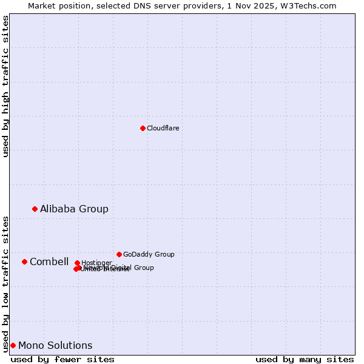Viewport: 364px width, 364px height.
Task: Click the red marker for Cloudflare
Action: pyautogui.click(x=143, y=128)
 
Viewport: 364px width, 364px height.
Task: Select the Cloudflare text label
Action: pyautogui.click(x=163, y=128)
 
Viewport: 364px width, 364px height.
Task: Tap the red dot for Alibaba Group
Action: pyautogui.click(x=35, y=209)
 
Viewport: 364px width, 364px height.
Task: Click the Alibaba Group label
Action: pyautogui.click(x=74, y=209)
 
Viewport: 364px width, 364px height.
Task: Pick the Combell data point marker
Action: pyautogui.click(x=24, y=261)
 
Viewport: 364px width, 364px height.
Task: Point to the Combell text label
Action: pyautogui.click(x=49, y=261)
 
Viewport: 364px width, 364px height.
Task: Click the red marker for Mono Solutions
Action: pyautogui.click(x=13, y=345)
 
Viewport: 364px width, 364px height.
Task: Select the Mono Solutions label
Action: pyautogui.click(x=55, y=345)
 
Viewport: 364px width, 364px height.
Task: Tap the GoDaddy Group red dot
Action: pyautogui.click(x=119, y=254)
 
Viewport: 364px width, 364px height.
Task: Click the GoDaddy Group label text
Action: pyautogui.click(x=149, y=254)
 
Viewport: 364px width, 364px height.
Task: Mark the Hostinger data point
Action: pyautogui.click(x=77, y=263)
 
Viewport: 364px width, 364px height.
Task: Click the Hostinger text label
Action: pyautogui.click(x=96, y=263)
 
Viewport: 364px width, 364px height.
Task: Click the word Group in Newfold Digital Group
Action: pyautogui.click(x=144, y=268)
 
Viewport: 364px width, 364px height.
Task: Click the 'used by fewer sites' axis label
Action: pyautogui.click(x=62, y=359)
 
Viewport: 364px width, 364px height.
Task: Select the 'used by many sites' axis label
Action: pyautogui.click(x=305, y=359)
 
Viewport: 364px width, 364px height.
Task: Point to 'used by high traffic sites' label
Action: pyautogui.click(x=5, y=86)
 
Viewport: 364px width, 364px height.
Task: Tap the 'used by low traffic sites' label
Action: pyautogui.click(x=5, y=283)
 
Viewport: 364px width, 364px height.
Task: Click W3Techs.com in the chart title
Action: pyautogui.click(x=311, y=5)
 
